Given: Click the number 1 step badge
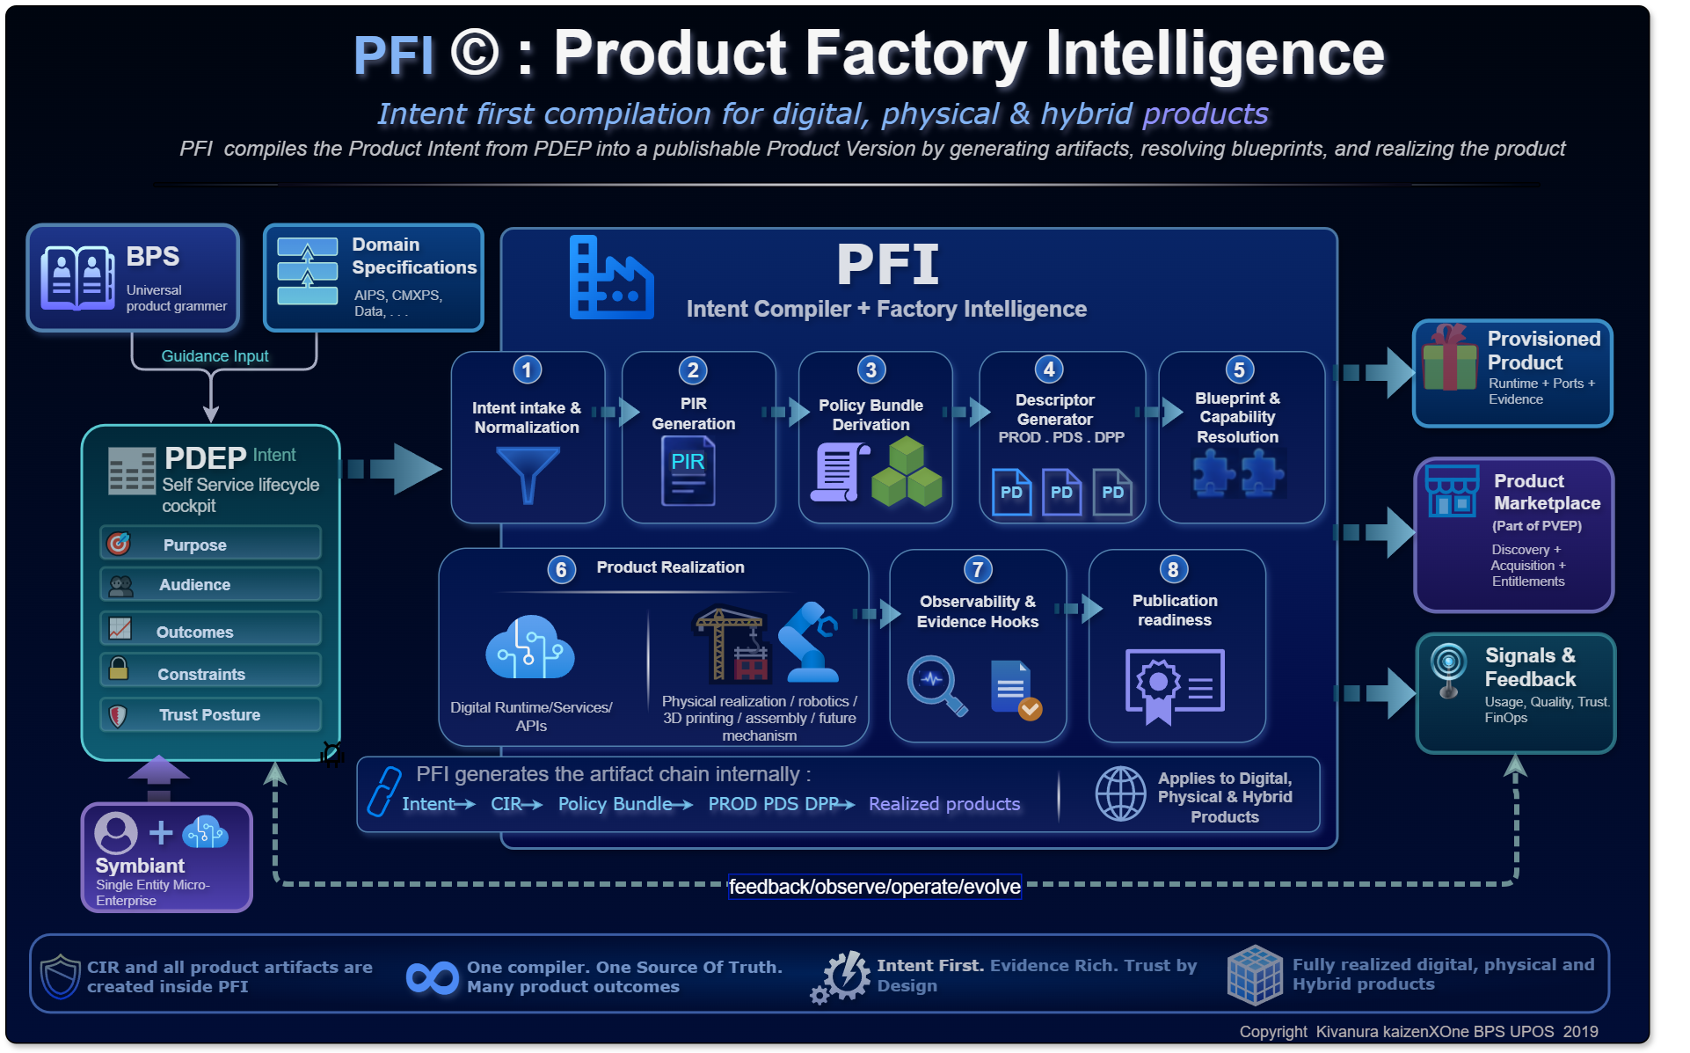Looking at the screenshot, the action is [527, 369].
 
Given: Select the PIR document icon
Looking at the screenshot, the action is [688, 472].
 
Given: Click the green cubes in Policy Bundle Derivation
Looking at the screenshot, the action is [907, 472].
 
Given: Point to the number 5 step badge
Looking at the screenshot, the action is [1239, 369].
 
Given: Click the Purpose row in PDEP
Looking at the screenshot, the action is [211, 544].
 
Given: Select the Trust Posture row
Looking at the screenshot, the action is [211, 714].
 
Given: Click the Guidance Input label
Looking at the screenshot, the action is [215, 356].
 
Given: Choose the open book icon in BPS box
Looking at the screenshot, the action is [77, 278].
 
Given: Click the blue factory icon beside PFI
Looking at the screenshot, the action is [611, 277].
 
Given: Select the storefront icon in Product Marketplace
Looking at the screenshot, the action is [1452, 491].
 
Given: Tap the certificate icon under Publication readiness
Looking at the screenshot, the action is [1175, 685].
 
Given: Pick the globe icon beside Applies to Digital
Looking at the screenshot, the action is [1120, 793].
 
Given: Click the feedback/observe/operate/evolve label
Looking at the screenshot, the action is [875, 887].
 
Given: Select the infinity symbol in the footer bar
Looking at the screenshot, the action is [433, 977].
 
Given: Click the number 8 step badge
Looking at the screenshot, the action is [1173, 569].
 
